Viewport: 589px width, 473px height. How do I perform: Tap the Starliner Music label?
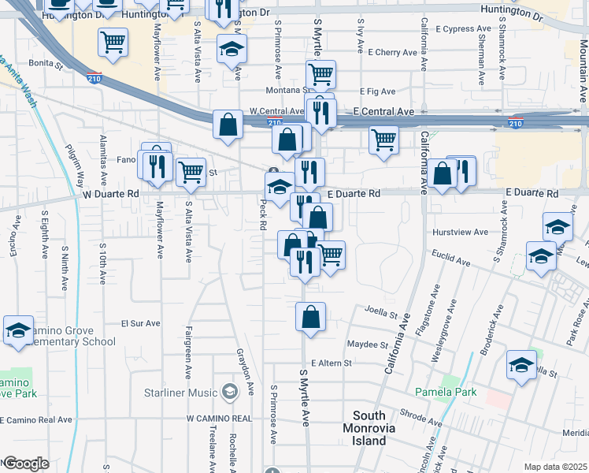(x=180, y=392)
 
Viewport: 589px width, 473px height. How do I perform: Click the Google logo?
(x=25, y=464)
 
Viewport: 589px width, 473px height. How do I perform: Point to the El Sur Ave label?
(x=140, y=323)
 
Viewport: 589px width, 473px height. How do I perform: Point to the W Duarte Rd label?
(x=110, y=193)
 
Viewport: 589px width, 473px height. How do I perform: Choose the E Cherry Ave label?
(x=392, y=53)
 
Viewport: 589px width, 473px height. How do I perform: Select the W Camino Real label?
(x=218, y=418)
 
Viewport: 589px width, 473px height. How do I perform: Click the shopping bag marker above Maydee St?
(x=311, y=318)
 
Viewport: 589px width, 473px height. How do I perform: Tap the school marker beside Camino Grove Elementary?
(x=18, y=330)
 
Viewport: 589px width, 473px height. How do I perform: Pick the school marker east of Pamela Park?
(x=520, y=365)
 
